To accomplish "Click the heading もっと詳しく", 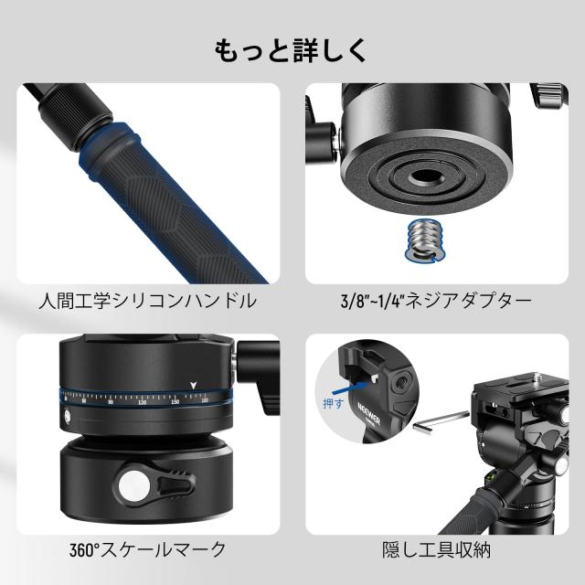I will (292, 50).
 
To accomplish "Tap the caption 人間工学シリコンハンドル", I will (147, 300).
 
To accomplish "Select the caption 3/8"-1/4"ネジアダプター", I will (438, 300).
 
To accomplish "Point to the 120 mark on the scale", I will (142, 401).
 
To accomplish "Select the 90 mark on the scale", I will (111, 401).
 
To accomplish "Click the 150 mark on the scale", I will (175, 400).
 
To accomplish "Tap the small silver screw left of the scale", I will (68, 419).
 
